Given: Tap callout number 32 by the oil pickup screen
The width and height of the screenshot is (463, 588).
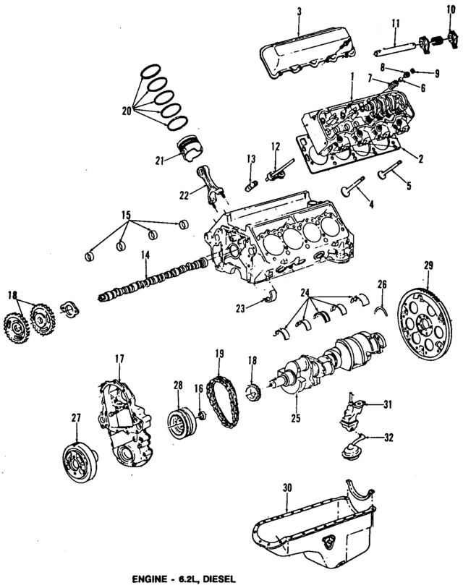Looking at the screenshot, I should [388, 437].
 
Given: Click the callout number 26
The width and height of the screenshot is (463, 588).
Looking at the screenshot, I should [383, 283].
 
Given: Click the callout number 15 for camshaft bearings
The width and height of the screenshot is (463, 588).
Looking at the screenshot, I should [126, 215].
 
